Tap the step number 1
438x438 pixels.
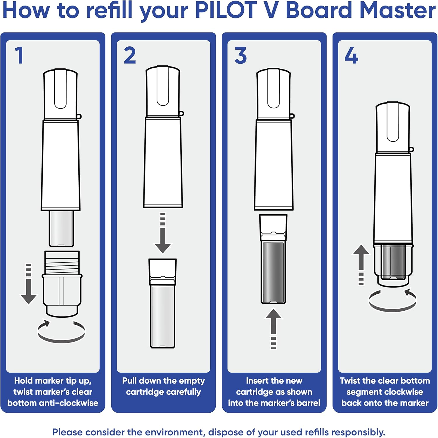[19, 55]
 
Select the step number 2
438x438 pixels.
[130, 55]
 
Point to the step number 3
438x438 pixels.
[240, 55]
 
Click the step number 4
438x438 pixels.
[351, 55]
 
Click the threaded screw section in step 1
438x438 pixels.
[62, 263]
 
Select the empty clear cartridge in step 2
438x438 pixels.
[162, 315]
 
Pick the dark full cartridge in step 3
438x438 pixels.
[273, 272]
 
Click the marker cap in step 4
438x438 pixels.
[393, 127]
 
